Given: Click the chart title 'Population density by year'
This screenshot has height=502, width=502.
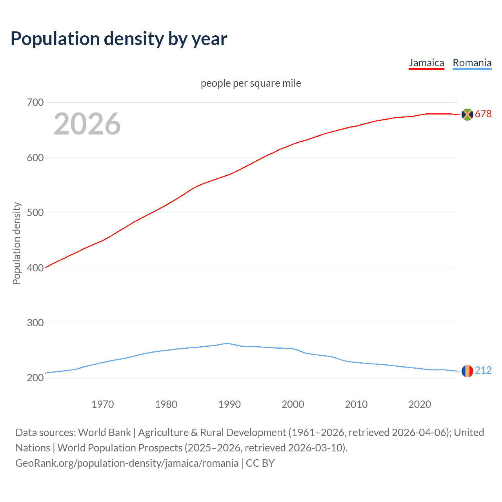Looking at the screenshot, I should pyautogui.click(x=119, y=38).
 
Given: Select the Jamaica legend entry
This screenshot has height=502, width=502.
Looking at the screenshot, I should pyautogui.click(x=426, y=63).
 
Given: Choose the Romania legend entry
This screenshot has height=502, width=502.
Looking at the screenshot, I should pyautogui.click(x=472, y=63).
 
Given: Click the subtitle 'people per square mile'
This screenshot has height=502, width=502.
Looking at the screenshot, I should pyautogui.click(x=251, y=83).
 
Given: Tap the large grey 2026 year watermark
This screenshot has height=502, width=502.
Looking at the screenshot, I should pyautogui.click(x=87, y=124).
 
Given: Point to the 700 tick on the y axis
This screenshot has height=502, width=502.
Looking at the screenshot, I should pyautogui.click(x=35, y=103).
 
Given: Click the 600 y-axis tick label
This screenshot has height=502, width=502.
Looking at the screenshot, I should pyautogui.click(x=35, y=158).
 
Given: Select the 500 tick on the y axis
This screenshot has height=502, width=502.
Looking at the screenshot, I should pyautogui.click(x=35, y=213).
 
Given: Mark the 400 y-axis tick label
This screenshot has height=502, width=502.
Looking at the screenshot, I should pyautogui.click(x=35, y=268).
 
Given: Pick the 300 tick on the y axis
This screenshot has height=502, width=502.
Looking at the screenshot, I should pyautogui.click(x=35, y=323).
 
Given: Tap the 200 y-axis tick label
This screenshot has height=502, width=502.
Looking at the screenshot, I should pyautogui.click(x=35, y=378).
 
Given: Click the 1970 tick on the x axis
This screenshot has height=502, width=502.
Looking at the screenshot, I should pyautogui.click(x=103, y=404).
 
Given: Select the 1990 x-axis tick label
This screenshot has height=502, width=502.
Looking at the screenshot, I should pyautogui.click(x=229, y=404).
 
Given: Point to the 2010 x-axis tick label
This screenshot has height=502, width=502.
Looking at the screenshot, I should pyautogui.click(x=356, y=404).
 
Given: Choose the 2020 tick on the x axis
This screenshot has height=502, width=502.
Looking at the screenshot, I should pyautogui.click(x=420, y=404).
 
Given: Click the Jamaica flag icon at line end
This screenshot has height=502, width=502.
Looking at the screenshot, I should pyautogui.click(x=467, y=114).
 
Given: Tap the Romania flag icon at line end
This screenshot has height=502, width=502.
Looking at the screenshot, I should pyautogui.click(x=467, y=371).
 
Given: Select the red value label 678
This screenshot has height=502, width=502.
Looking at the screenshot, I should pyautogui.click(x=483, y=114).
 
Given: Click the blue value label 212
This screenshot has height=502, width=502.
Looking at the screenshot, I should pyautogui.click(x=483, y=371).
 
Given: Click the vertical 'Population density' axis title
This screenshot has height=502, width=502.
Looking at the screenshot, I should pyautogui.click(x=16, y=243).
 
